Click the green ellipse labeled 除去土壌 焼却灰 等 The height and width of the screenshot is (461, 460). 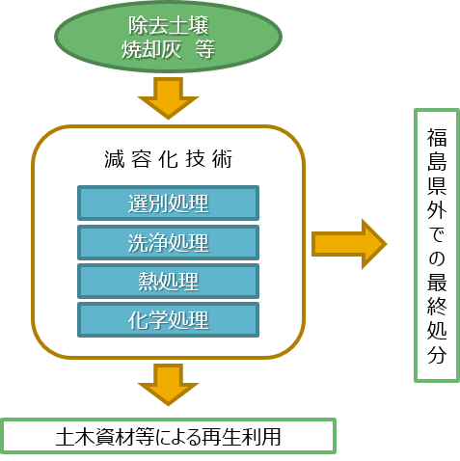168,37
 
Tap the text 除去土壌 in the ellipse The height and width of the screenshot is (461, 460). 169,25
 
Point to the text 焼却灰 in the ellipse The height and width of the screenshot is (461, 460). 150,49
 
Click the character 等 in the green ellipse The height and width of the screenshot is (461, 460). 204,49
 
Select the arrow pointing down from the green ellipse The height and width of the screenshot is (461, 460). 168,98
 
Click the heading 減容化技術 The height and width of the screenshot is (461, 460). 168,159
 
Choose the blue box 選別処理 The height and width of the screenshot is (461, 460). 168,203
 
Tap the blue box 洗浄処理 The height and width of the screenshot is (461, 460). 168,243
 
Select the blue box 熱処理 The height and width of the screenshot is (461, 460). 168,282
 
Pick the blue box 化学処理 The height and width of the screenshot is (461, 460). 168,320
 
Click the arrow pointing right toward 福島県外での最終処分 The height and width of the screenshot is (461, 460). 349,244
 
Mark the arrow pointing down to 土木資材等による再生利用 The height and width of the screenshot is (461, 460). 168,385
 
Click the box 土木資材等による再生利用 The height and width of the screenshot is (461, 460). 168,436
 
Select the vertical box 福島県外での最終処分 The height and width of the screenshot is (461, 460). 437,246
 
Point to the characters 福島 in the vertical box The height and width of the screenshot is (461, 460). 437,149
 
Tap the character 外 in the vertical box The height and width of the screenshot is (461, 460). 437,210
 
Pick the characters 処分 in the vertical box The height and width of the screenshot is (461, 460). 437,342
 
